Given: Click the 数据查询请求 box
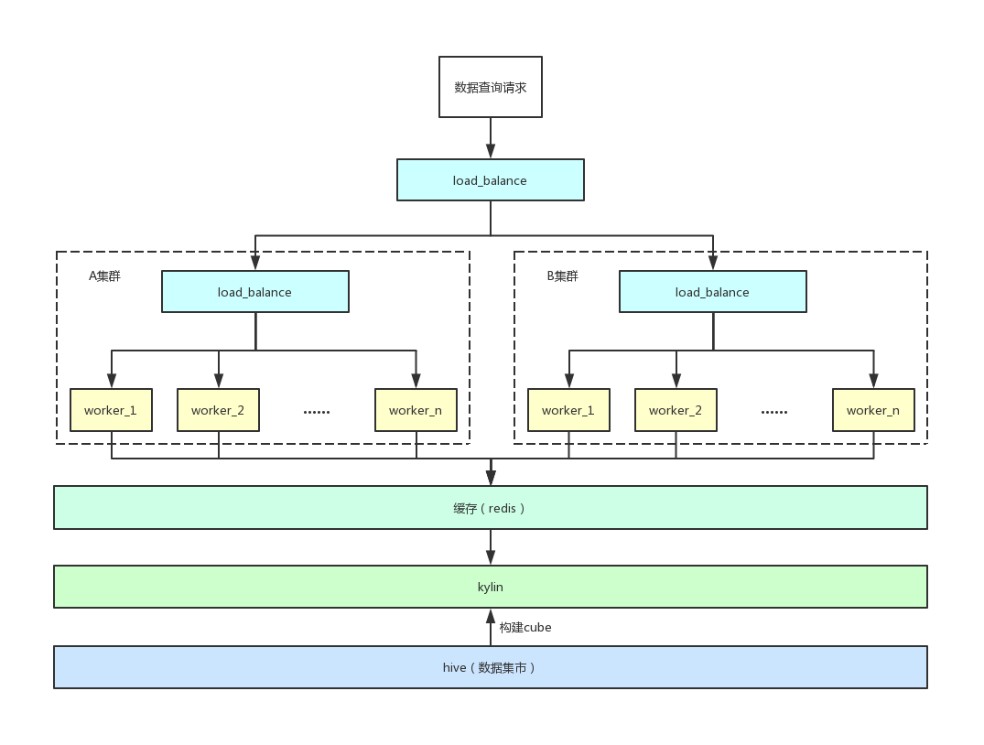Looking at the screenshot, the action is click(490, 87).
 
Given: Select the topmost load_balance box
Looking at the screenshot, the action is click(490, 180).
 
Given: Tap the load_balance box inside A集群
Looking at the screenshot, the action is click(254, 292).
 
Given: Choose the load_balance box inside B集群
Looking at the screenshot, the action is click(712, 292).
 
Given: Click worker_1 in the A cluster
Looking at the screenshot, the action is click(111, 410).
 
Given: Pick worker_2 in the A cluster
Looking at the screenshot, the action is click(218, 410).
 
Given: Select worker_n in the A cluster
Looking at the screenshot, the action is click(416, 410).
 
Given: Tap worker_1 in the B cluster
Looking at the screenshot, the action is click(568, 410).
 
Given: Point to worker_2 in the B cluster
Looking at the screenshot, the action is click(676, 410).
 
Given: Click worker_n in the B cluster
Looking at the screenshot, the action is click(873, 410).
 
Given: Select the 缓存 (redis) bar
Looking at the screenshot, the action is click(490, 508).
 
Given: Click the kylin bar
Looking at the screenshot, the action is click(490, 587).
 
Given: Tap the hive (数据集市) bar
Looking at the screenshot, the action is click(490, 667).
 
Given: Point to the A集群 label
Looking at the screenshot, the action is click(104, 276).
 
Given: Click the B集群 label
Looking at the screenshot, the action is click(562, 276).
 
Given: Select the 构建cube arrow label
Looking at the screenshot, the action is click(525, 627).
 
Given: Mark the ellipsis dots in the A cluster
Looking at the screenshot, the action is click(317, 413).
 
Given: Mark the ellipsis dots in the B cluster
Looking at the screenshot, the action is click(773, 413).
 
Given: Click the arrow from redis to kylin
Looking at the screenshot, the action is click(490, 546).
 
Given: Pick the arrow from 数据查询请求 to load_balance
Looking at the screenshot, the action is click(490, 138).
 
